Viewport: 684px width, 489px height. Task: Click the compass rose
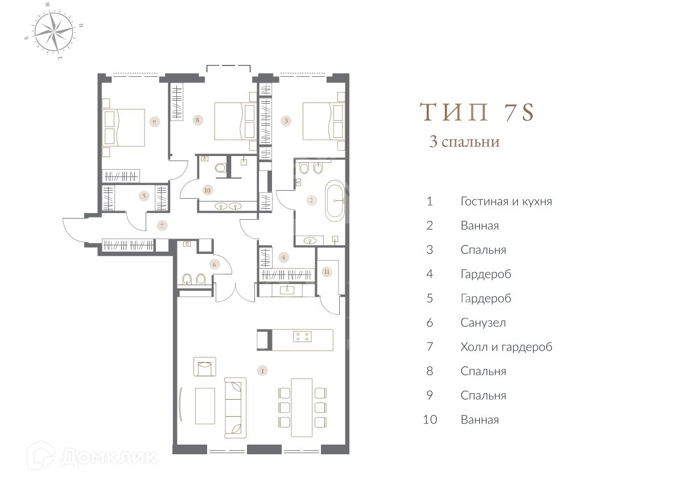[54, 31]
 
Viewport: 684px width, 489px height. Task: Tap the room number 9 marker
[155, 122]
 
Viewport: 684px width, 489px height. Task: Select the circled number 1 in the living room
[262, 371]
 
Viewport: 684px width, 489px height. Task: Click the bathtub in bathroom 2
[335, 201]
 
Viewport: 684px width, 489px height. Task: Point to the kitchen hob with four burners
[302, 336]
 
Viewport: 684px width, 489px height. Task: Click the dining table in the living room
[302, 408]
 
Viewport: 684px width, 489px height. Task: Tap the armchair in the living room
[205, 367]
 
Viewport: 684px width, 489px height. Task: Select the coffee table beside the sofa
[205, 406]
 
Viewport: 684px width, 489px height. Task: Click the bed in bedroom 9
[124, 128]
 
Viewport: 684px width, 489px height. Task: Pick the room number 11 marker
[327, 272]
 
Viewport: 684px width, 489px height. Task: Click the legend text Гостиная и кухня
[506, 202]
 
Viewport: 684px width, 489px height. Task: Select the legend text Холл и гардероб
[506, 347]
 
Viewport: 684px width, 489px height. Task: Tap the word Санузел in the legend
[483, 323]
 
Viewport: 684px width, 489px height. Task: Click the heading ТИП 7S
[477, 112]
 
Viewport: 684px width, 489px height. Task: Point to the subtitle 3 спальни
[464, 142]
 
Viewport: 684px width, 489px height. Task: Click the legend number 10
[430, 420]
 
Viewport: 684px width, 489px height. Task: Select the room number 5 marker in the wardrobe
[144, 196]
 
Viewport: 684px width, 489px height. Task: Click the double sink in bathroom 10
[228, 207]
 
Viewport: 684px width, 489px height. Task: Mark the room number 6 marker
[214, 265]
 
